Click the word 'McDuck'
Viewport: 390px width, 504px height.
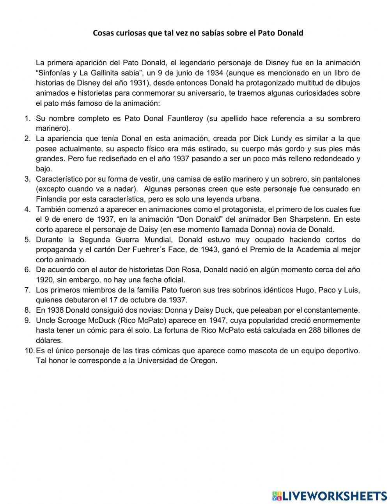point(88,321)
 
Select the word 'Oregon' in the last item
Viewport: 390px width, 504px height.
point(203,360)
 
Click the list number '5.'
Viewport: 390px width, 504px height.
point(27,240)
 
